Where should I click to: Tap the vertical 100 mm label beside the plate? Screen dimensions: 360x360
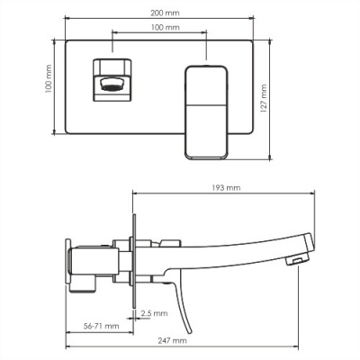(48, 83)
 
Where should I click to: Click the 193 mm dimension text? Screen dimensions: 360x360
(228, 188)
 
